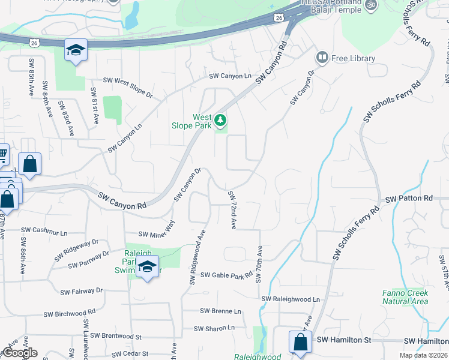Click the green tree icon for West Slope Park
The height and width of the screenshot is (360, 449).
click(220, 121)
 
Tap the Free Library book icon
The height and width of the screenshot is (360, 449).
click(322, 58)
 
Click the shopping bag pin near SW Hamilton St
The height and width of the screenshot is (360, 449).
click(299, 343)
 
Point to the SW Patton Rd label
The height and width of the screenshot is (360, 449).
click(409, 198)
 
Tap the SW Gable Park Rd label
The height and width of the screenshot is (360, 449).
click(227, 275)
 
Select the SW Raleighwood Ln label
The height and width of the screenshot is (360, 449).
click(291, 299)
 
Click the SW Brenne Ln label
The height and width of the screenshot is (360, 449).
click(220, 311)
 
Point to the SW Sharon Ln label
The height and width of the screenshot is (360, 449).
click(214, 328)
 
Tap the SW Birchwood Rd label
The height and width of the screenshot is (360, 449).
click(70, 313)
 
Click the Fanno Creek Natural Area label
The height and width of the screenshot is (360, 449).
click(405, 297)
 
